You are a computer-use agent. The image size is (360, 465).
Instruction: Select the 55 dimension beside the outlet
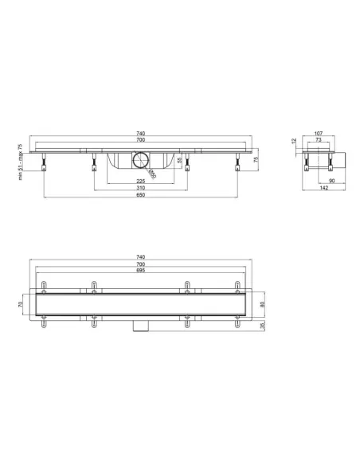point(178,160)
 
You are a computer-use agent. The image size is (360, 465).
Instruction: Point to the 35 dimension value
point(262,326)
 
